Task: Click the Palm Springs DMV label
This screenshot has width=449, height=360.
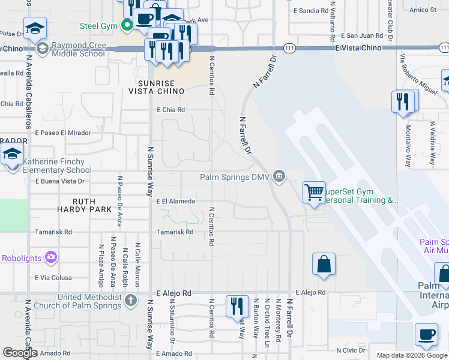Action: click(234, 176)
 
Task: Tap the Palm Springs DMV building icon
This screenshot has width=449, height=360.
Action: click(279, 176)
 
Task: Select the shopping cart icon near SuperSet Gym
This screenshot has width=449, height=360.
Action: click(314, 193)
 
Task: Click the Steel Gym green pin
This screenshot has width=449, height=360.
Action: click(127, 26)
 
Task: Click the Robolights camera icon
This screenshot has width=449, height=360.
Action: click(50, 258)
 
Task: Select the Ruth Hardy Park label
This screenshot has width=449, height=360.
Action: click(84, 205)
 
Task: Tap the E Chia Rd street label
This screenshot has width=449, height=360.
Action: click(171, 110)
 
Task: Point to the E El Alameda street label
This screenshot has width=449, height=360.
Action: click(175, 202)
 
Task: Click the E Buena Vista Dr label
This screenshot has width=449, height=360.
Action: click(60, 181)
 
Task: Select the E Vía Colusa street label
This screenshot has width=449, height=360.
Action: click(53, 278)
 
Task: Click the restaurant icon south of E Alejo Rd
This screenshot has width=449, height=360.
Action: click(237, 307)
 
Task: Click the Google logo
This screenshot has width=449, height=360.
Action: click(20, 352)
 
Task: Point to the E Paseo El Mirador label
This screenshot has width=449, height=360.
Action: click(62, 133)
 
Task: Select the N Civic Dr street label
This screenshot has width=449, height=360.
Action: click(351, 350)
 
